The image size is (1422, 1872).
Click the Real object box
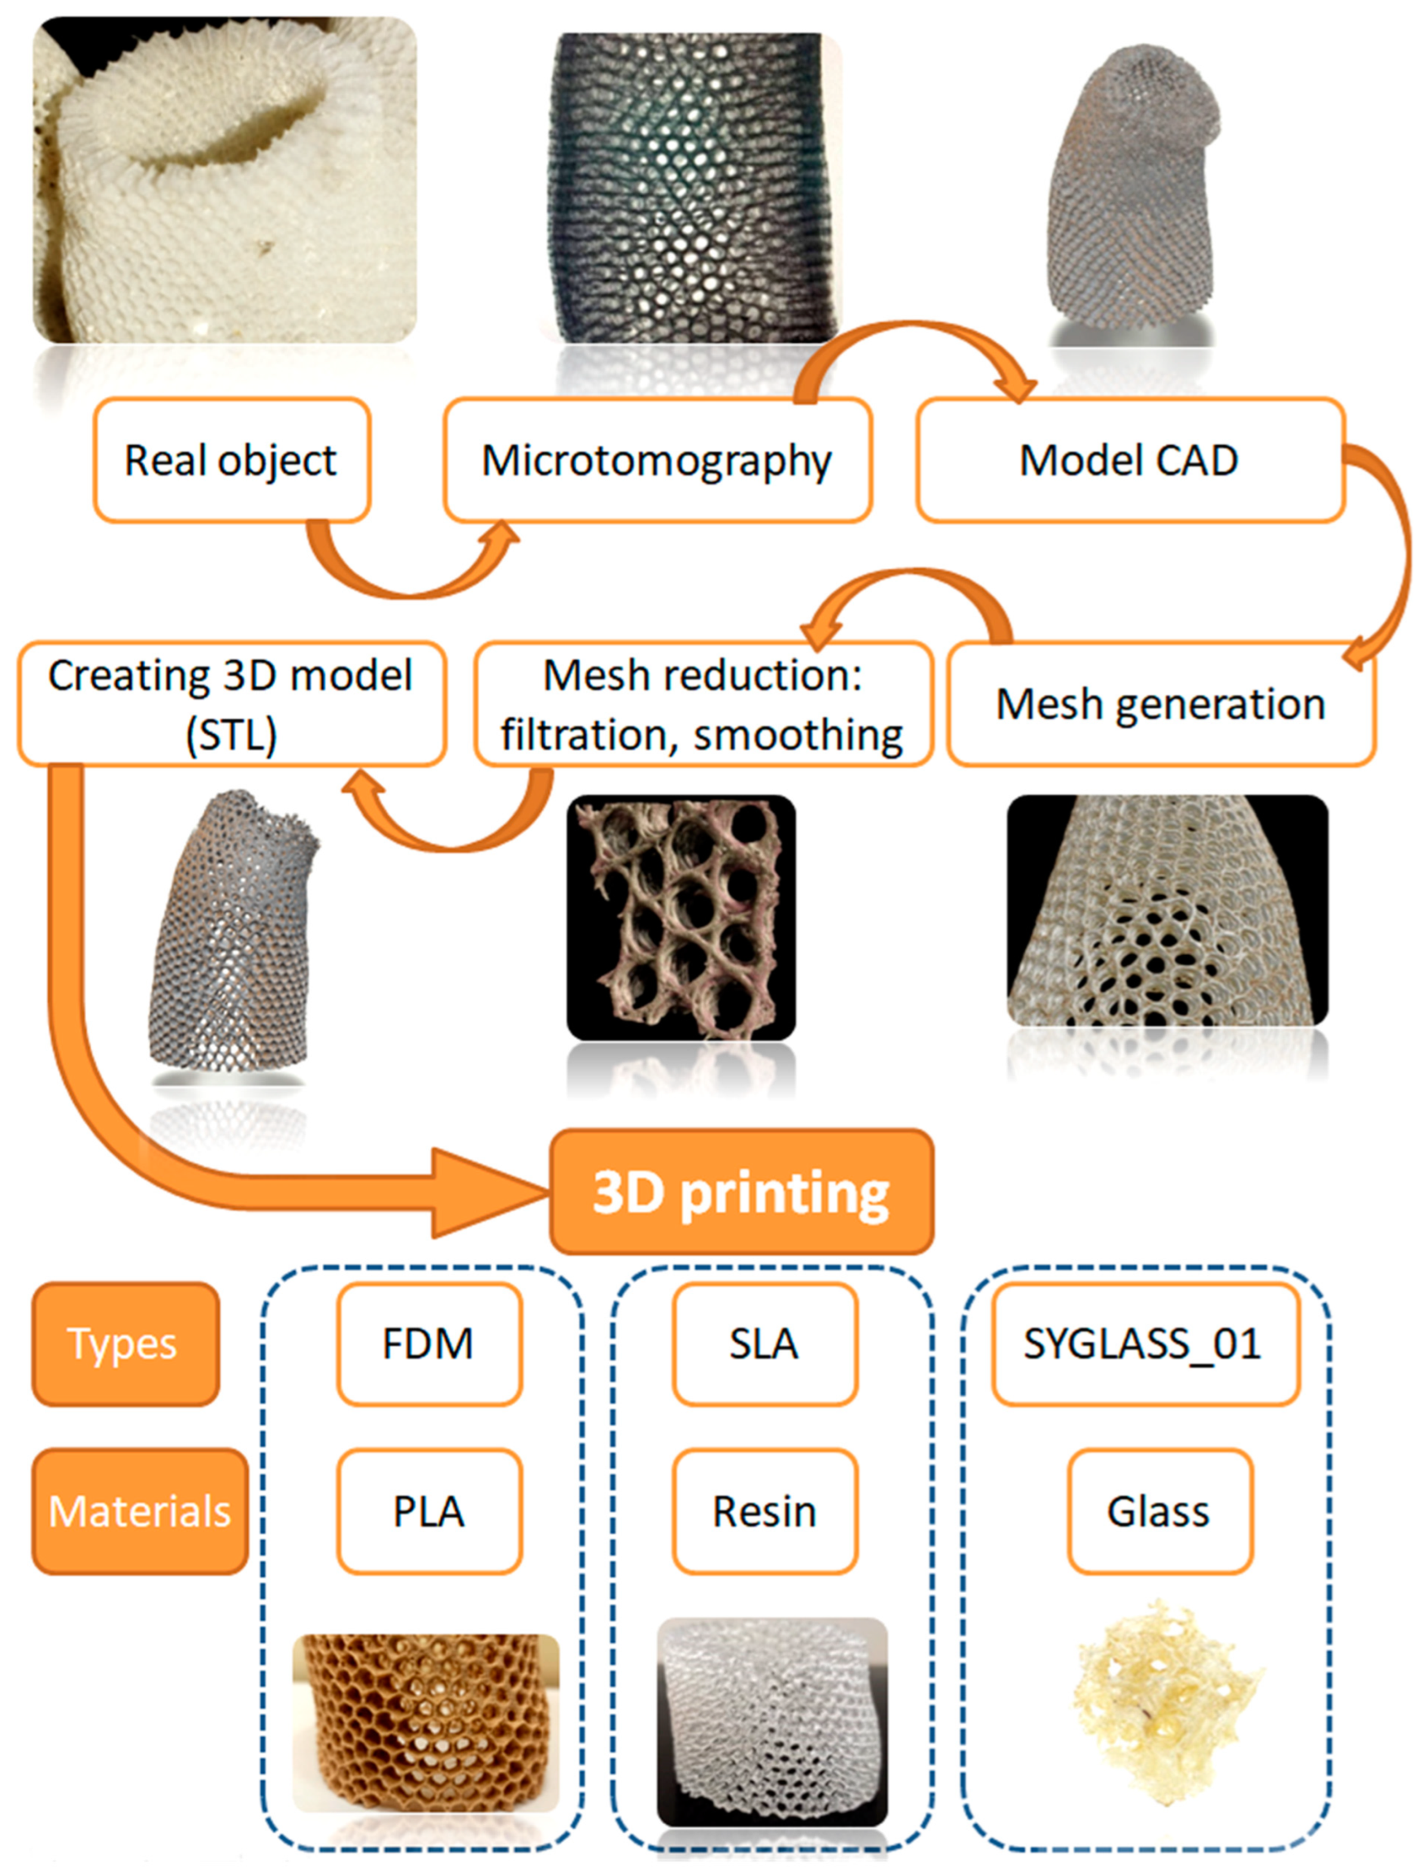pos(231,460)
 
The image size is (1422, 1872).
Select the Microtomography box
pos(657,460)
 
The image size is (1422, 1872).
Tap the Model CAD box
pos(1129,460)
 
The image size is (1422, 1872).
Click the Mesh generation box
pos(1160,704)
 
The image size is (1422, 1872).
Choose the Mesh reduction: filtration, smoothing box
pos(703,704)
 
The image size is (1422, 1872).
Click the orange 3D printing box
pos(741,1191)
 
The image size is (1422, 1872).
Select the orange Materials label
pos(139,1511)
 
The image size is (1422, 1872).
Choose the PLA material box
pos(429,1511)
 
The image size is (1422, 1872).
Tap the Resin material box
pos(764,1511)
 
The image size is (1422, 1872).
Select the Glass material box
pos(1159,1511)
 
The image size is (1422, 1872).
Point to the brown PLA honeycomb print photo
pos(426,1722)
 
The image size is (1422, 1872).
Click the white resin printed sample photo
pos(772,1722)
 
